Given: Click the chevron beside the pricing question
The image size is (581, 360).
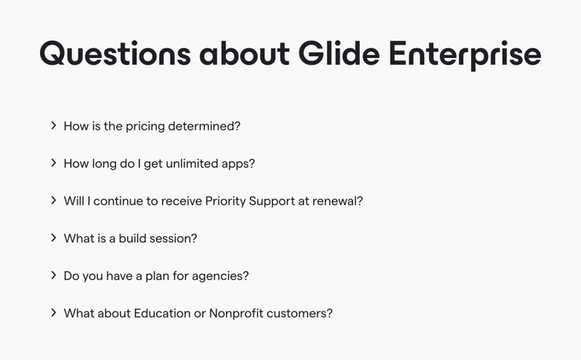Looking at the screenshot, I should (x=54, y=126).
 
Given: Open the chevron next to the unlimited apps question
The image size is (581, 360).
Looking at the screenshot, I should (x=54, y=163).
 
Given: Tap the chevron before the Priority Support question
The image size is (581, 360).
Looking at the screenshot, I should (x=54, y=200).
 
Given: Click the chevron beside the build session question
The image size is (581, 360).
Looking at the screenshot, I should (x=54, y=238).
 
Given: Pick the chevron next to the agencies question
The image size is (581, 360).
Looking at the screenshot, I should (x=54, y=276).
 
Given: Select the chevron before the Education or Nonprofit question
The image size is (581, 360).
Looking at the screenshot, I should (x=54, y=314).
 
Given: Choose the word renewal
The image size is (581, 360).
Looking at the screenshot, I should (x=336, y=200).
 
